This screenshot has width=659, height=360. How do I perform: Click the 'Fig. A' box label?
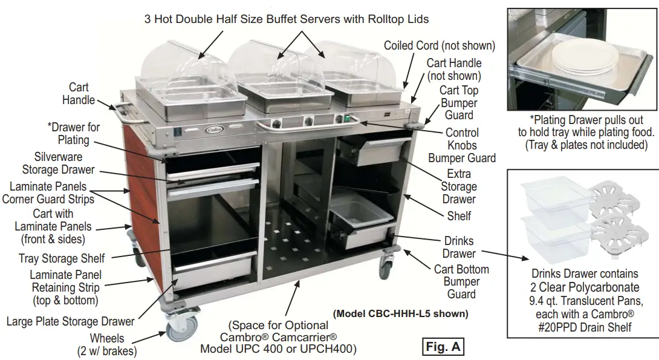pos(443,347)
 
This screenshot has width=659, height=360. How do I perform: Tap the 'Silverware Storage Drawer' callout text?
pos(58,163)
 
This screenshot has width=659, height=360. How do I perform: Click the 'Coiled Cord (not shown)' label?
pos(440,46)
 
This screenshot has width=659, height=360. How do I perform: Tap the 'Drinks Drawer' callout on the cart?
pos(459,247)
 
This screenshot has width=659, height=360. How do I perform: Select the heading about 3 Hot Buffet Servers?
pos(287,19)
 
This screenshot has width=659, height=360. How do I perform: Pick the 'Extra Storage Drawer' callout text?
pos(458,186)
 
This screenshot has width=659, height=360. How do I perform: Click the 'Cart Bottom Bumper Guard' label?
pos(461,281)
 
